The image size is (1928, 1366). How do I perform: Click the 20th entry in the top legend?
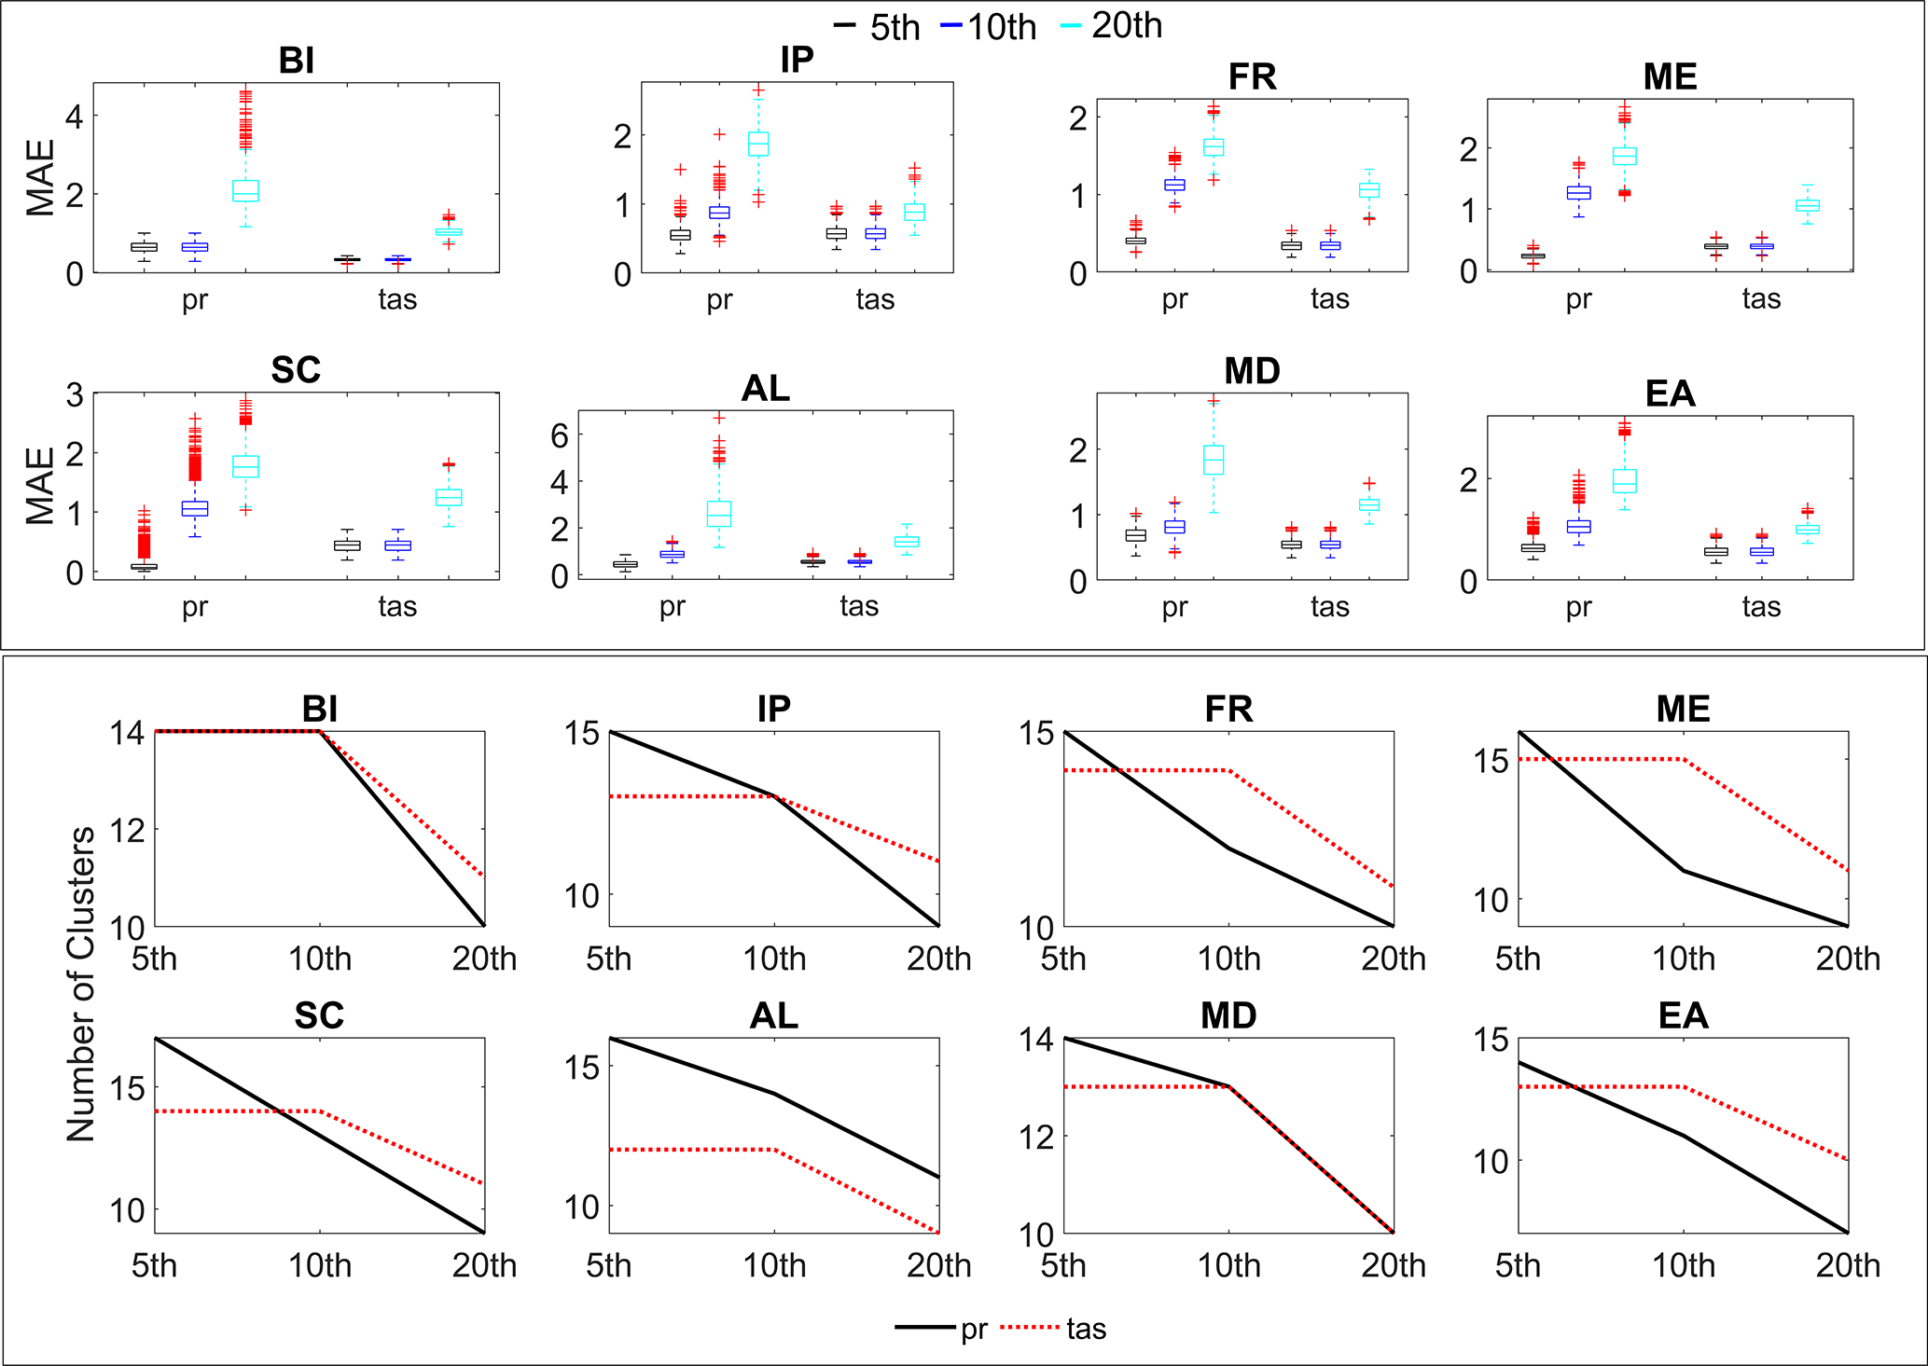pyautogui.click(x=1126, y=26)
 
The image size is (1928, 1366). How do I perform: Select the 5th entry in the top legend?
pyautogui.click(x=894, y=28)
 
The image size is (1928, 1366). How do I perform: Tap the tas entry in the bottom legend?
pyautogui.click(x=1086, y=1328)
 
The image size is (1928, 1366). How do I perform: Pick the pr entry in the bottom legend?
pyautogui.click(x=974, y=1328)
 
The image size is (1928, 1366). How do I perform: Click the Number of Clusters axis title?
pyautogui.click(x=82, y=984)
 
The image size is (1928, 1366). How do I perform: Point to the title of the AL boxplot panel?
pyautogui.click(x=765, y=388)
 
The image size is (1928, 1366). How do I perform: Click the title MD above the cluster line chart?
pyautogui.click(x=1228, y=1015)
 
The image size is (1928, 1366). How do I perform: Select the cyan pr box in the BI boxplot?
pyautogui.click(x=245, y=190)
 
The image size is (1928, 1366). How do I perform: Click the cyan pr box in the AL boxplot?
pyautogui.click(x=719, y=514)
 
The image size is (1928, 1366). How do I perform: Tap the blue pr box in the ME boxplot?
pyautogui.click(x=1578, y=192)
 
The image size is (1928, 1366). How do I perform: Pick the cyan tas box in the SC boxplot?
pyautogui.click(x=449, y=497)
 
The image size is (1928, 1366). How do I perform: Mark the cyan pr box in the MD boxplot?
pyautogui.click(x=1214, y=460)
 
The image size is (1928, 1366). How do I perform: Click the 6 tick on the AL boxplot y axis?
pyautogui.click(x=560, y=435)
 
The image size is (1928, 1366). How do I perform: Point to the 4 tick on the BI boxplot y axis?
pyautogui.click(x=74, y=117)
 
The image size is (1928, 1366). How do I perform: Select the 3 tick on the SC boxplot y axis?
pyautogui.click(x=74, y=395)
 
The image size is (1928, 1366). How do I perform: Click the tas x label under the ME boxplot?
pyautogui.click(x=1761, y=298)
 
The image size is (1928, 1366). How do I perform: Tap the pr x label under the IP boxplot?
pyautogui.click(x=719, y=299)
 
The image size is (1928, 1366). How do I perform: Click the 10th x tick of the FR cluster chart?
pyautogui.click(x=1228, y=959)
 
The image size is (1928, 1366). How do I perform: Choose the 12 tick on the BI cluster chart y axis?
pyautogui.click(x=127, y=830)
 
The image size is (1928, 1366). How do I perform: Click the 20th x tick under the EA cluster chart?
pyautogui.click(x=1848, y=1265)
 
